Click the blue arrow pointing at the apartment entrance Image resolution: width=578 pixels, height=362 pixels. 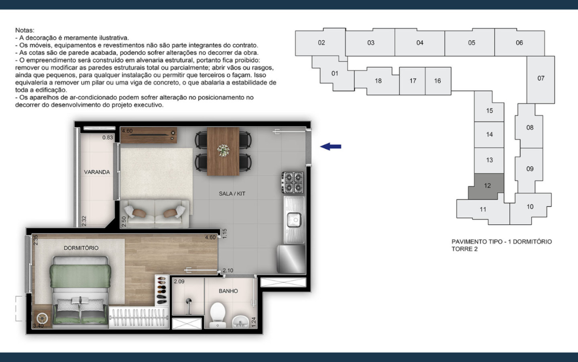[331, 146]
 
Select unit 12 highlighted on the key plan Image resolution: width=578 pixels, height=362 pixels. [487, 186]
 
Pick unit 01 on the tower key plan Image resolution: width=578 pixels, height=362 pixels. [334, 74]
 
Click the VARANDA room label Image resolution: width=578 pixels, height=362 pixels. [97, 172]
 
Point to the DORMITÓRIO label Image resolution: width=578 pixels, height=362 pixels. [81, 248]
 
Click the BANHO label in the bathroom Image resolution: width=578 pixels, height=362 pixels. [228, 291]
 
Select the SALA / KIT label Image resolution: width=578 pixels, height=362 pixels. [232, 194]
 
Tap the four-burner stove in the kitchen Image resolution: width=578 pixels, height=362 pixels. [293, 183]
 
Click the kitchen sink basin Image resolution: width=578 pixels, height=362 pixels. [294, 220]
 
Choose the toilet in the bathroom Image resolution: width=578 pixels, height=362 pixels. [217, 315]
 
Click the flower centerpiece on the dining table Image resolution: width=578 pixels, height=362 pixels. [223, 150]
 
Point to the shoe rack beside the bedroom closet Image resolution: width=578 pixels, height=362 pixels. [162, 290]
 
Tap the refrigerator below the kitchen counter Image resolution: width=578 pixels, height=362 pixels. [291, 259]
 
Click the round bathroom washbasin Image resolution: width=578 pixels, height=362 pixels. [240, 322]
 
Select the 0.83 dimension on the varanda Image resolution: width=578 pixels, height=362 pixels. [107, 138]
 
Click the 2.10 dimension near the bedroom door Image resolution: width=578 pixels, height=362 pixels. [228, 270]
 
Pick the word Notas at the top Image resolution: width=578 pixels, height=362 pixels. [25, 30]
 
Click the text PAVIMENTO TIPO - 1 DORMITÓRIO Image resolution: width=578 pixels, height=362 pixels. [502, 242]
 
